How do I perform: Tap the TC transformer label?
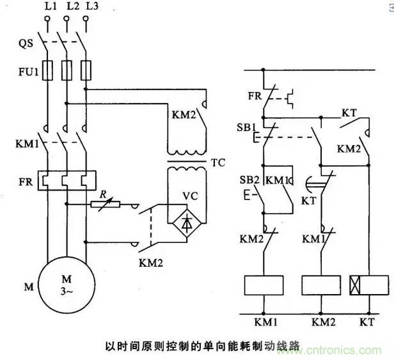218,162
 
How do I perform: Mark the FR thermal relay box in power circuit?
66,180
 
